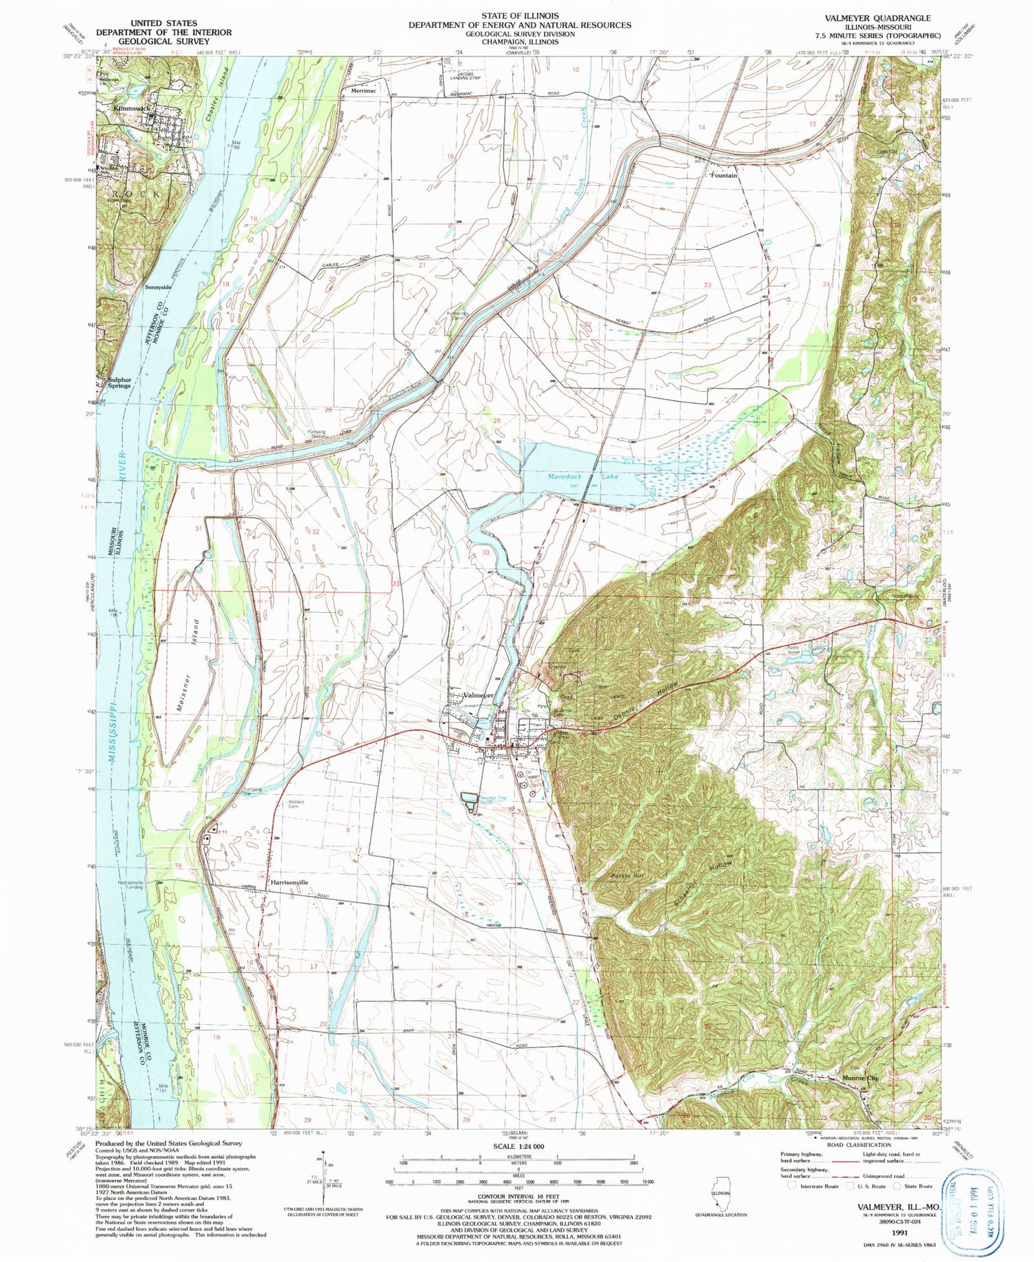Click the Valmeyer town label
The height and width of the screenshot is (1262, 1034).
(478, 695)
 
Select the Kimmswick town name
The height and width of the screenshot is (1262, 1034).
(131, 108)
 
